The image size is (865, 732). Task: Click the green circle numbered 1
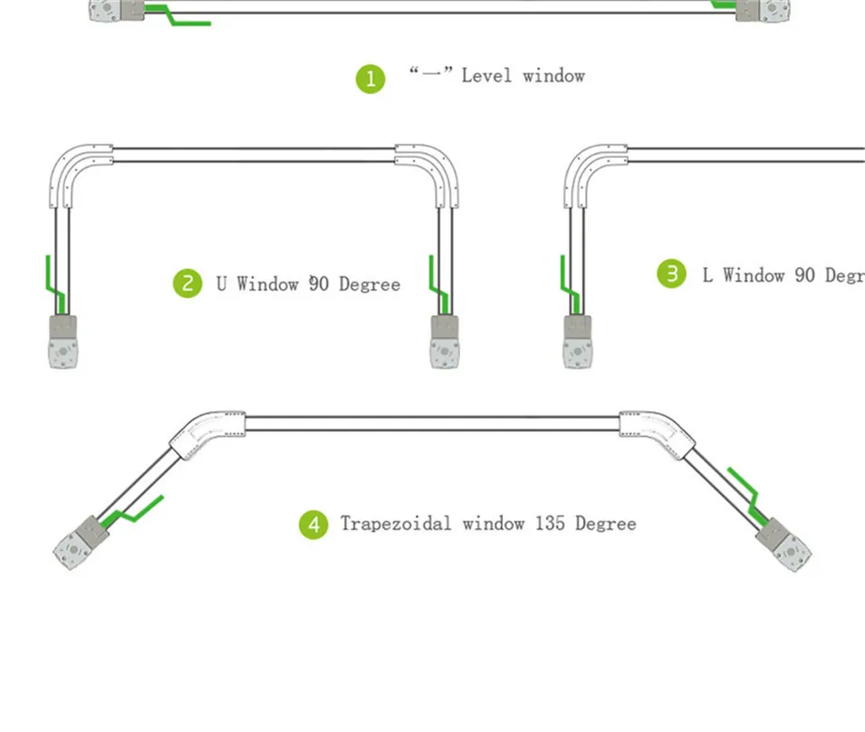pyautogui.click(x=370, y=79)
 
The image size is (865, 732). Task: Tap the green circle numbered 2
pyautogui.click(x=187, y=284)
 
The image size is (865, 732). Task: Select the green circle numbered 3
pyautogui.click(x=671, y=274)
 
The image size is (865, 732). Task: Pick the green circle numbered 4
pyautogui.click(x=313, y=524)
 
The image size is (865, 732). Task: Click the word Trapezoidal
pyautogui.click(x=396, y=524)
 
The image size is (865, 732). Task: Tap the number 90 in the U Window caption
pyautogui.click(x=319, y=284)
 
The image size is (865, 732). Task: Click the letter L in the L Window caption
pyautogui.click(x=707, y=274)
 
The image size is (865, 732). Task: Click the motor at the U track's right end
pyautogui.click(x=444, y=342)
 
